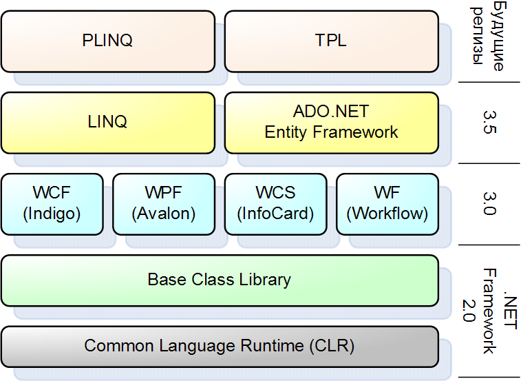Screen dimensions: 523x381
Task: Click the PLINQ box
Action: [108, 41]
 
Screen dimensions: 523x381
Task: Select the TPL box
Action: [332, 41]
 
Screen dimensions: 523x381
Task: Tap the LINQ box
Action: [108, 123]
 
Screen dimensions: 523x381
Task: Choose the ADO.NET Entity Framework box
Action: [332, 123]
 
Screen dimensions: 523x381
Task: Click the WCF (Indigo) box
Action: [52, 205]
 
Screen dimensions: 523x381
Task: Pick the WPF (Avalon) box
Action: [164, 205]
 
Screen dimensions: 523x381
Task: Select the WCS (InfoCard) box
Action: [275, 205]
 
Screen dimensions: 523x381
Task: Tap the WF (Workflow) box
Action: [387, 205]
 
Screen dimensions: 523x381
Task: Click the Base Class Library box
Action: [220, 280]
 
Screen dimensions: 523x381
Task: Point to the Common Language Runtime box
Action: [220, 347]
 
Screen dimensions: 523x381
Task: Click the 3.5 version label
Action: [490, 122]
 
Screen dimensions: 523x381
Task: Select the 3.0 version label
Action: [490, 204]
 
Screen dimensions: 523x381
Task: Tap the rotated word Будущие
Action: [499, 36]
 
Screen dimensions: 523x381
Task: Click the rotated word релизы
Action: [478, 36]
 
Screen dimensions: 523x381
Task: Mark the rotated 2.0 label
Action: [469, 311]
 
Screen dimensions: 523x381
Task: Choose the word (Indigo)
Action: [52, 214]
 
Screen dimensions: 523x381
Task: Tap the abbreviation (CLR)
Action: [332, 346]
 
